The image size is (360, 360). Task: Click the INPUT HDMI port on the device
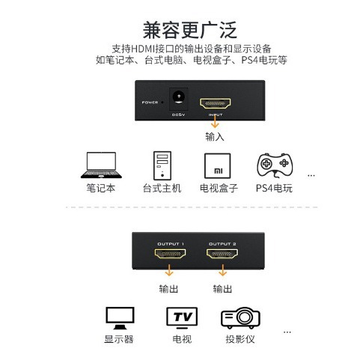[x=215, y=103]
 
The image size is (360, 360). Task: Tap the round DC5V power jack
[x=178, y=97]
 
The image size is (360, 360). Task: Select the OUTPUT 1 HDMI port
[x=170, y=254]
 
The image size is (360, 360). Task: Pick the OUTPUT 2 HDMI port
[x=222, y=254]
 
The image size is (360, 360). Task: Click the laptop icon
[x=101, y=165]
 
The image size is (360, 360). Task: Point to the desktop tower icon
[x=162, y=165]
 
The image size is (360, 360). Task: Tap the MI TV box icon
[x=218, y=165]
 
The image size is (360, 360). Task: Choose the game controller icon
[x=275, y=165]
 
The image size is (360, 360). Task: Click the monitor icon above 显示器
[x=120, y=318]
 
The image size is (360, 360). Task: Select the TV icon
[x=182, y=318]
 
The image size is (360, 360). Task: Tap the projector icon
[x=240, y=317]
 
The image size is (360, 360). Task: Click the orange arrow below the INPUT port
[x=215, y=121]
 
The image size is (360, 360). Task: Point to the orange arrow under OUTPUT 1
[x=169, y=270]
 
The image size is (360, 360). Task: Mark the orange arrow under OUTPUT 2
[x=222, y=270]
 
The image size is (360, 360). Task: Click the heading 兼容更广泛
[x=189, y=30]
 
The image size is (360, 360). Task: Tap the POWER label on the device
[x=150, y=103]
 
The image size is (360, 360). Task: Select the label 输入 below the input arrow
[x=215, y=137]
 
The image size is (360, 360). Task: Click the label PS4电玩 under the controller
[x=274, y=188]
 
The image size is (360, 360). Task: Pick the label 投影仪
[x=240, y=339]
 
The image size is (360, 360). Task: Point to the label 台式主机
[x=162, y=188]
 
